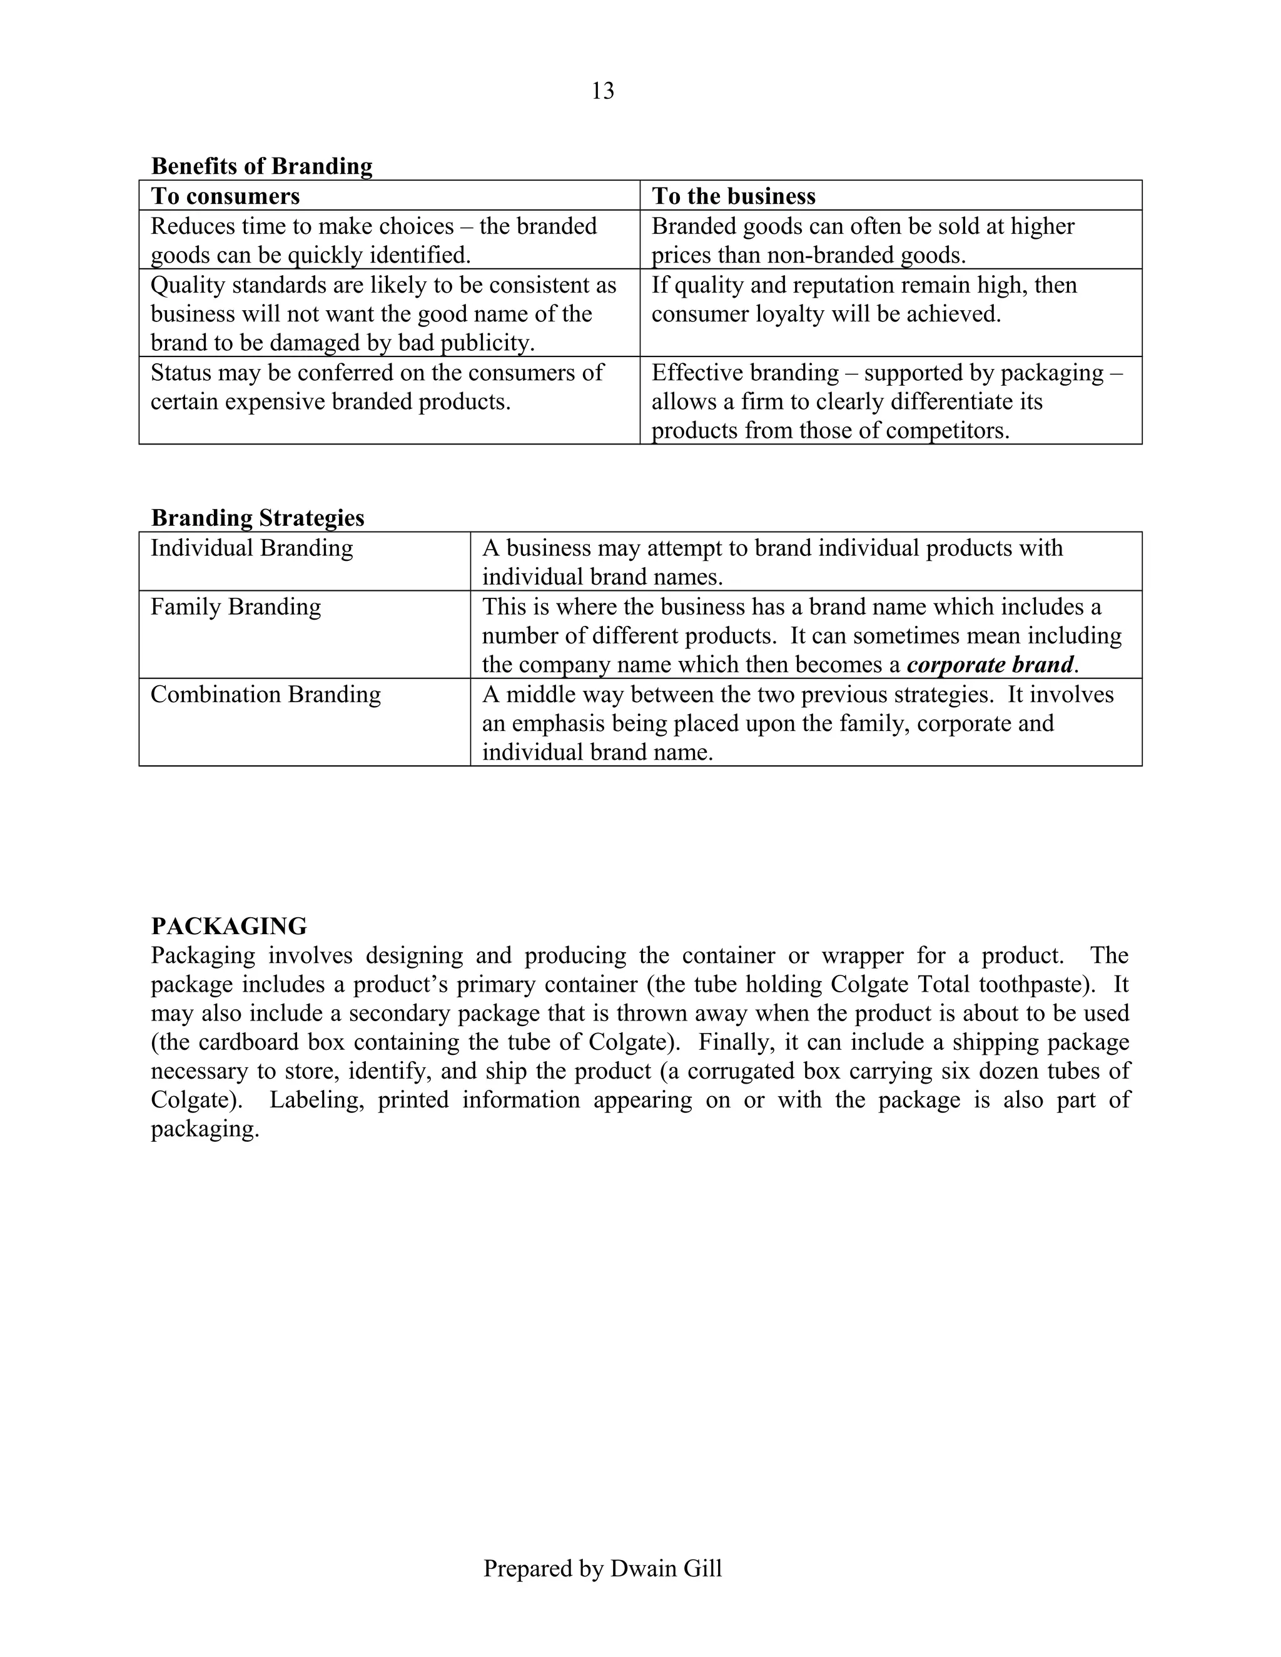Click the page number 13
tap(602, 91)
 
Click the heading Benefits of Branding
tap(262, 166)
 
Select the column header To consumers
tap(225, 196)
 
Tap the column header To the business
tap(733, 196)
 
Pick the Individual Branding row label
tap(251, 548)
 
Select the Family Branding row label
tap(235, 606)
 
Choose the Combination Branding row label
tap(266, 694)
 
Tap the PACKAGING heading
tap(229, 927)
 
